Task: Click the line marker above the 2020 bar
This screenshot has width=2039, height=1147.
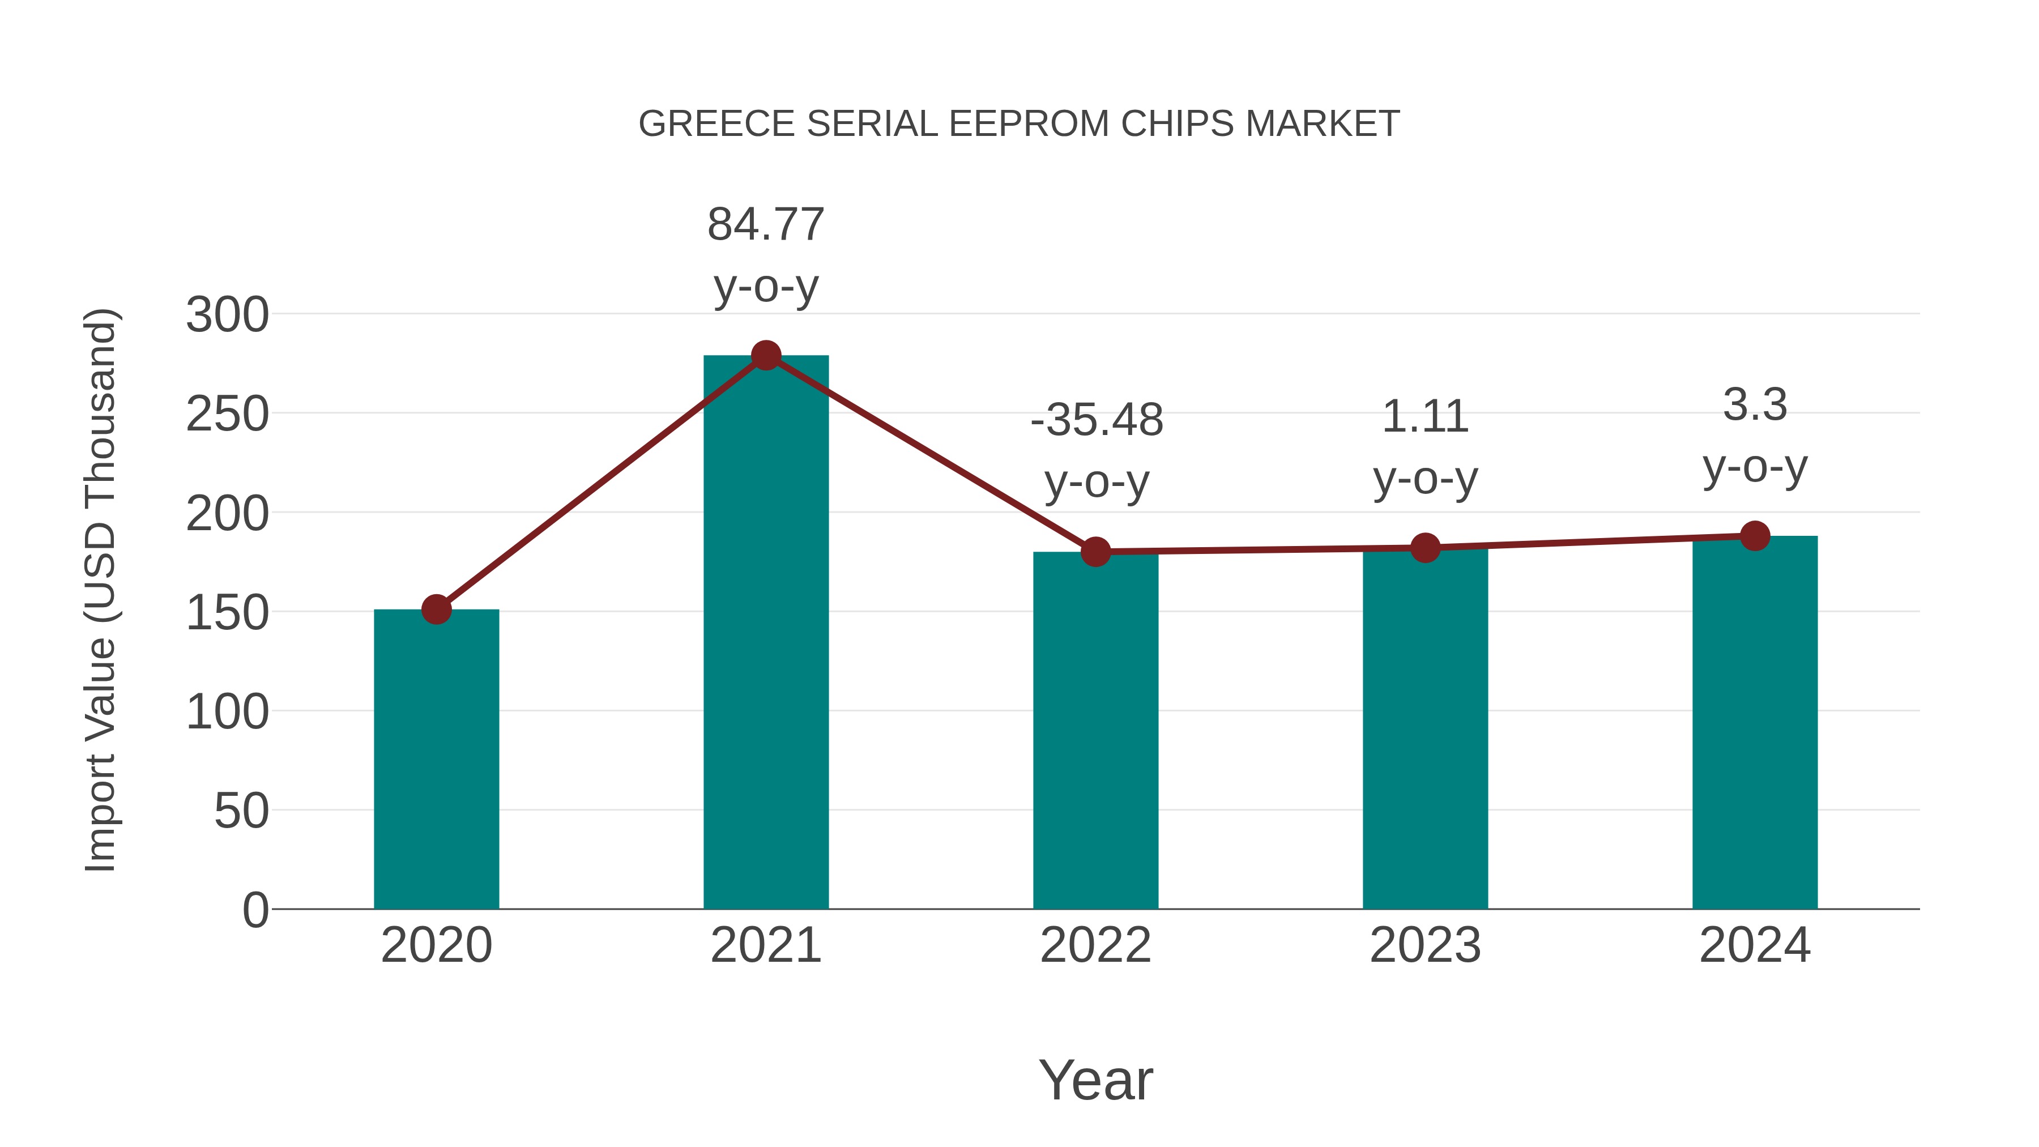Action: (x=436, y=609)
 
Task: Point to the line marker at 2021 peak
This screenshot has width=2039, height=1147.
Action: (x=765, y=355)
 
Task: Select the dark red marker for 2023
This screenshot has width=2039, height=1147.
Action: (x=1425, y=548)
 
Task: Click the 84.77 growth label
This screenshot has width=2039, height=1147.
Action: (x=765, y=224)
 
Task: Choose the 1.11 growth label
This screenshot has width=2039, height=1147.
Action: (x=1425, y=416)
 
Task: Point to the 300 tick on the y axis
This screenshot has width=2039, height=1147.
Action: (x=227, y=315)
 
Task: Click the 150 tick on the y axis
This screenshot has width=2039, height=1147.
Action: (x=227, y=613)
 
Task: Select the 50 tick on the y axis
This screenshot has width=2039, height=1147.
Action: (x=241, y=811)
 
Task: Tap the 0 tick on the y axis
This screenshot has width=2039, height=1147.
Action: (x=255, y=910)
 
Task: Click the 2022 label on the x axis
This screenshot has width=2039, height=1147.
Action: (x=1095, y=945)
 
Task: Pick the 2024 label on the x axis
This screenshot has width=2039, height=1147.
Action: (x=1755, y=945)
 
